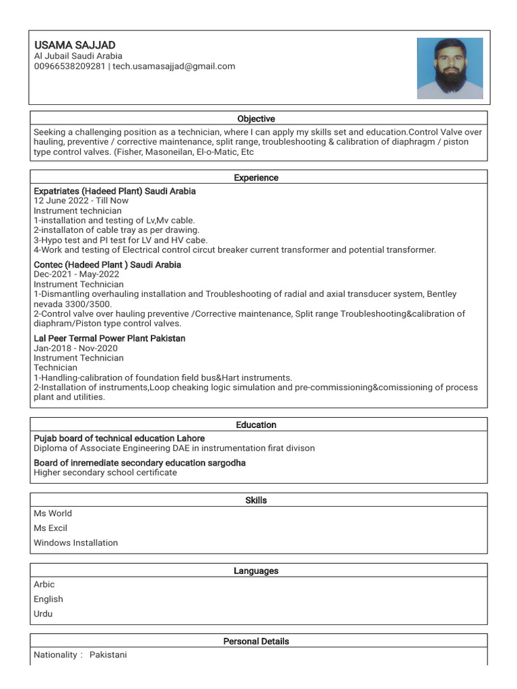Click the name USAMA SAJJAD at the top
75,44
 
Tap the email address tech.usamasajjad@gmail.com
174,66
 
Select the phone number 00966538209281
69,66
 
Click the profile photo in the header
450,69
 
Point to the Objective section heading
256,119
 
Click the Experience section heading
256,178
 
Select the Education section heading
256,425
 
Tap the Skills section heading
256,501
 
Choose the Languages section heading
256,571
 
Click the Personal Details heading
256,641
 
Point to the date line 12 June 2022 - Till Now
81,201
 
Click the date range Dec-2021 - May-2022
76,275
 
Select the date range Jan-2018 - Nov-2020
75,348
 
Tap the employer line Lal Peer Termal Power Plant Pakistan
109,338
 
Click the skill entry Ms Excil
50,528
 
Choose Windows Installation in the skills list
75,542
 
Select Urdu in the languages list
43,614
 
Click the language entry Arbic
44,584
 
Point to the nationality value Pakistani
108,655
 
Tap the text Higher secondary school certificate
105,472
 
